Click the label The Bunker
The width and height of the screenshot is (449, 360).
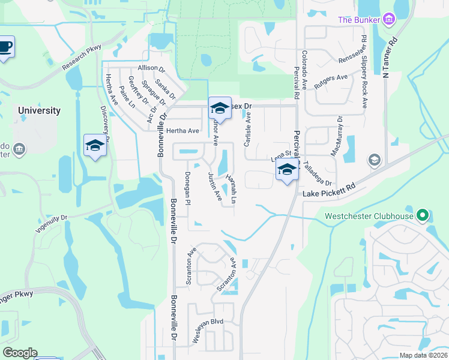pyautogui.click(x=359, y=20)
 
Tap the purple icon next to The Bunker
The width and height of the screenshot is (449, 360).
pyautogui.click(x=390, y=20)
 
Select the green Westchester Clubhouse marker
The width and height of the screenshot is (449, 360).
pyautogui.click(x=423, y=215)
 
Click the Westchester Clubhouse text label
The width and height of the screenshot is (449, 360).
pyautogui.click(x=369, y=216)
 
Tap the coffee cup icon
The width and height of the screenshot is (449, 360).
pyautogui.click(x=5, y=47)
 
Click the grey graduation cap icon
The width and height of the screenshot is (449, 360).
pyautogui.click(x=374, y=160)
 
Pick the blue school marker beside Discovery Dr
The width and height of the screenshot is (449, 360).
pyautogui.click(x=95, y=146)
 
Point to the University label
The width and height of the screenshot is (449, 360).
pyautogui.click(x=39, y=110)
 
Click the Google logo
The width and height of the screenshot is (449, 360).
pyautogui.click(x=20, y=353)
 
